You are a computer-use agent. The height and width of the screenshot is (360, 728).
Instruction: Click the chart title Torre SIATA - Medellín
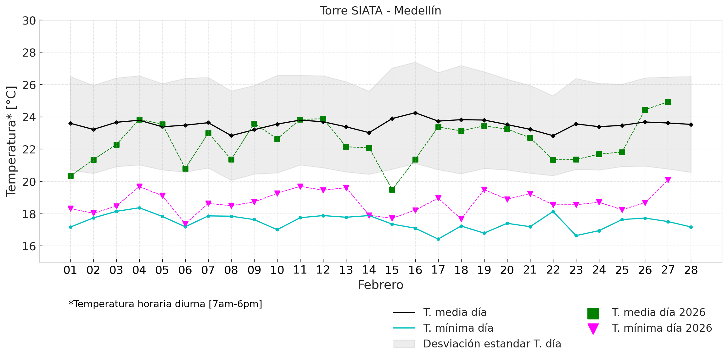click(x=380, y=11)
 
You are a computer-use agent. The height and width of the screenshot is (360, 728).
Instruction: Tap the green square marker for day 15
click(x=392, y=190)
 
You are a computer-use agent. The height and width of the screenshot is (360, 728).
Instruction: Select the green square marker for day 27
click(x=668, y=102)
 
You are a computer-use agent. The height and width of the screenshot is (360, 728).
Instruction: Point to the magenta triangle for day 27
click(x=668, y=180)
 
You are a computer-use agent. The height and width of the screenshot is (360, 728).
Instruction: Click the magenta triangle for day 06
click(x=185, y=224)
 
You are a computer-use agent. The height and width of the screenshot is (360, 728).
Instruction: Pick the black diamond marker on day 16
click(x=415, y=113)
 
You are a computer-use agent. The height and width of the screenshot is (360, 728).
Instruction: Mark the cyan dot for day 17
click(x=438, y=239)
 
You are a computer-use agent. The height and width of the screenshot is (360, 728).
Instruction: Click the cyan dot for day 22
click(x=553, y=212)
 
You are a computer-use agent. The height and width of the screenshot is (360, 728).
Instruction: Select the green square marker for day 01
click(x=70, y=176)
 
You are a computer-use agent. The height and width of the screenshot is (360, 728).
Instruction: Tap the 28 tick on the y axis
click(x=29, y=53)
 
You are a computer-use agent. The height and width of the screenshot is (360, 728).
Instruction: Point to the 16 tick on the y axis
click(x=29, y=246)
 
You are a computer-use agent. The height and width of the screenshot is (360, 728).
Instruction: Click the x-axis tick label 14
click(x=369, y=270)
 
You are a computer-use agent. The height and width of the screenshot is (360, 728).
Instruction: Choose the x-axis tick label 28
click(x=691, y=270)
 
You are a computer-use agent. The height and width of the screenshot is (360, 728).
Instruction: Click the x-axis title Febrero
click(x=380, y=285)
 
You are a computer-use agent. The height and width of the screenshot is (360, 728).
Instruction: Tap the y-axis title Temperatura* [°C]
click(x=11, y=141)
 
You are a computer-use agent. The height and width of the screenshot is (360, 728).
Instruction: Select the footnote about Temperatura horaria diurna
click(x=165, y=304)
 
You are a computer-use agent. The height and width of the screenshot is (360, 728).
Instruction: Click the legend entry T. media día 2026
click(x=658, y=313)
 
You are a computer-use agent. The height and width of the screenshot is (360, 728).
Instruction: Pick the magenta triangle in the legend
click(x=593, y=329)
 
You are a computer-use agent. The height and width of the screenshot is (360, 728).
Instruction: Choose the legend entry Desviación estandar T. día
click(x=492, y=344)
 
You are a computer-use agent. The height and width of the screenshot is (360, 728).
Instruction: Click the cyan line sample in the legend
click(x=404, y=328)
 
